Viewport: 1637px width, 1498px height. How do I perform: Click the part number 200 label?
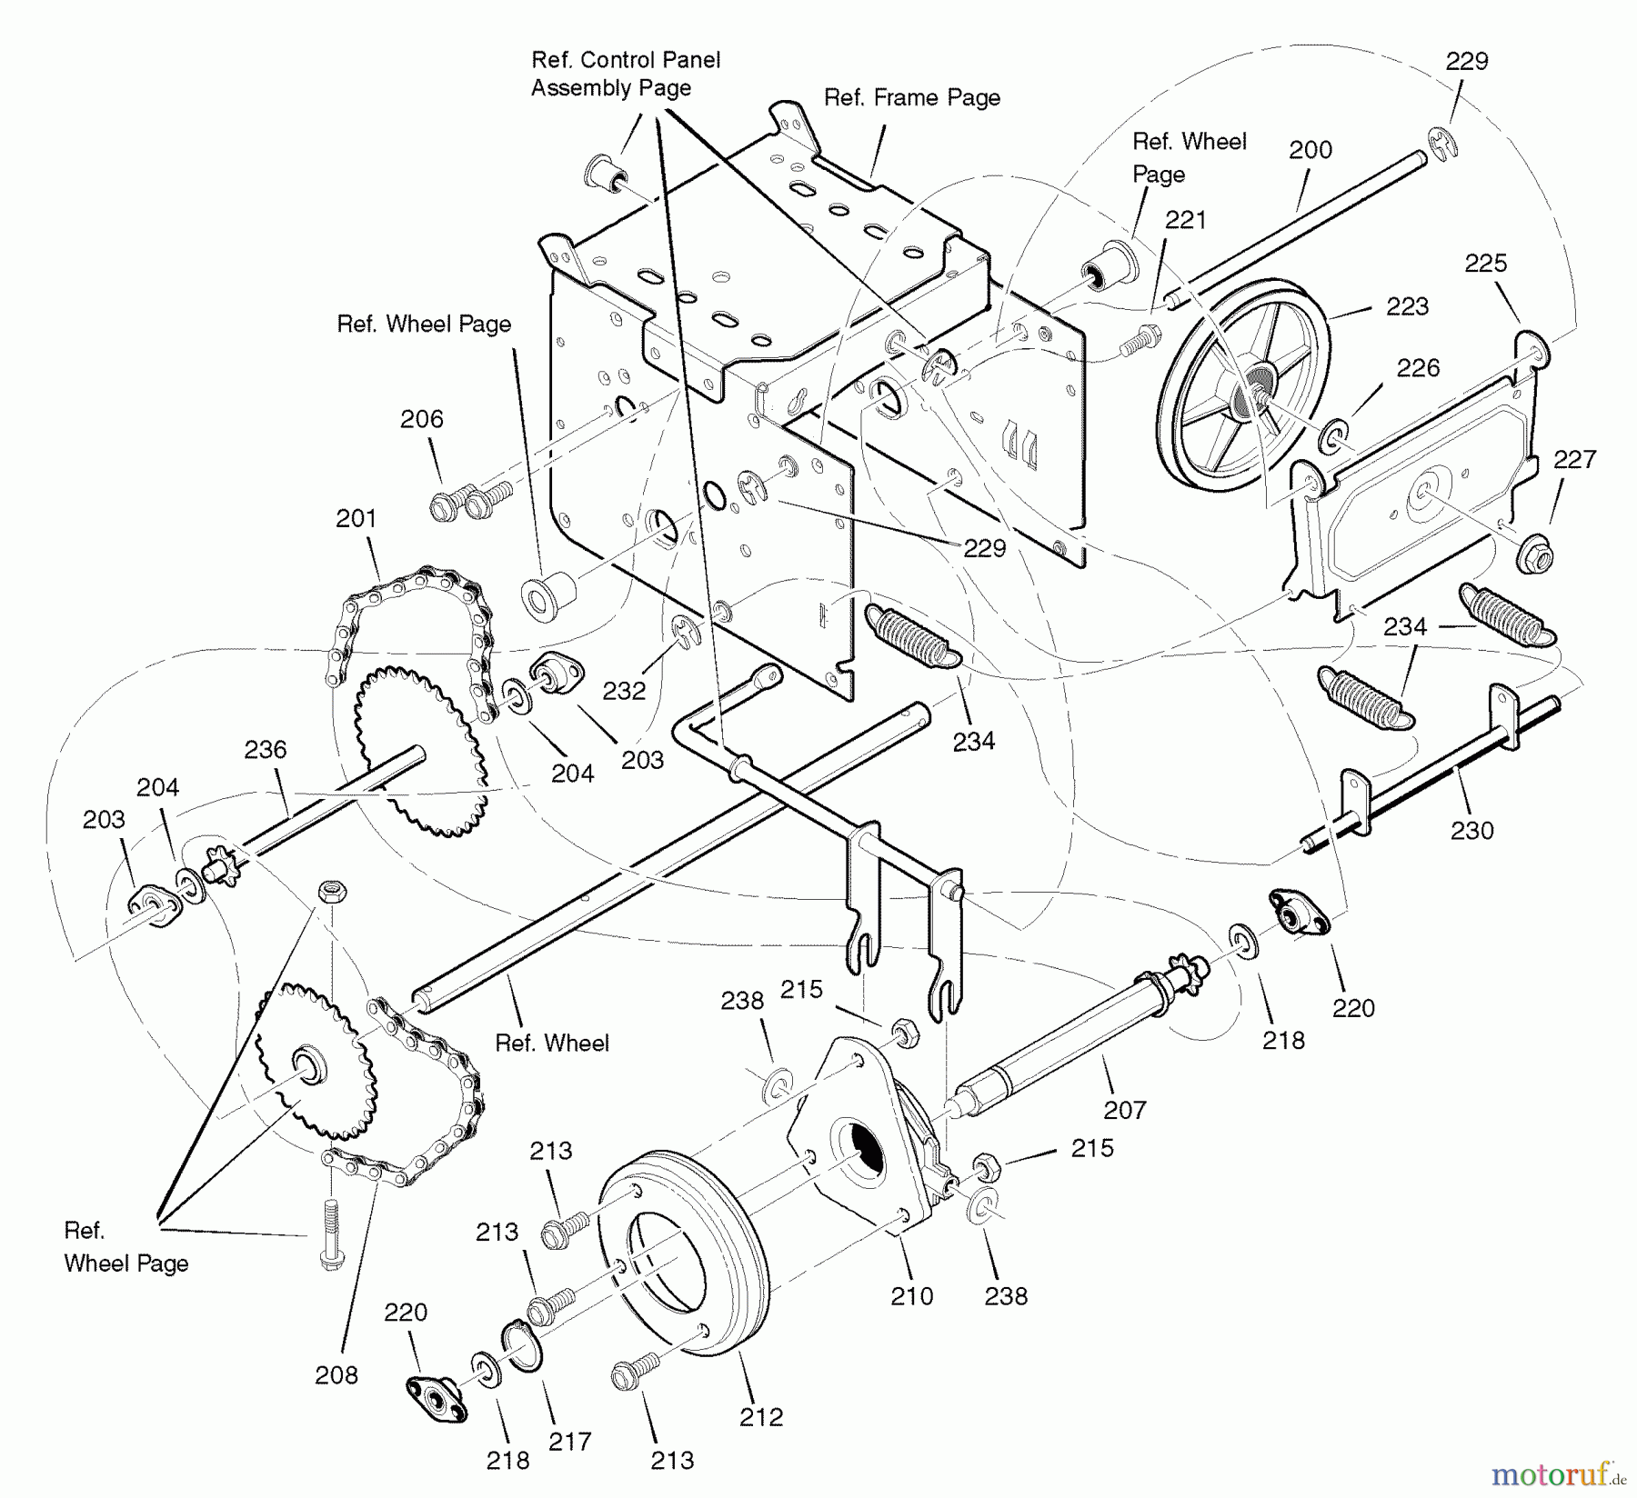click(x=1310, y=150)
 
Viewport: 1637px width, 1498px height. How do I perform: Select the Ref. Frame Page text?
click(x=911, y=98)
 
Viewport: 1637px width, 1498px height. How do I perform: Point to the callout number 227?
click(x=1574, y=460)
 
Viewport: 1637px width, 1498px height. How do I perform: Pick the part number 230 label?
click(x=1471, y=830)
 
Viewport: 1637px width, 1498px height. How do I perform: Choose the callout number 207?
click(x=1124, y=1109)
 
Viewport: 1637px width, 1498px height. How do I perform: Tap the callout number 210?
click(x=911, y=1295)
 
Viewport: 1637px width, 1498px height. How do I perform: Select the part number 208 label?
click(x=336, y=1375)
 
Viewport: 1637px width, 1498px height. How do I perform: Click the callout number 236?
click(x=265, y=750)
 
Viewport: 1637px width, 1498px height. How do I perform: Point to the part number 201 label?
click(x=356, y=519)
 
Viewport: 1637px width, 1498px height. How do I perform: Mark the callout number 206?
click(x=422, y=419)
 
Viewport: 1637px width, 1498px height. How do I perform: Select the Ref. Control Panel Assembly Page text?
click(x=625, y=75)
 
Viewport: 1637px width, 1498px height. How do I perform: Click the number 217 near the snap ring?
click(x=570, y=1441)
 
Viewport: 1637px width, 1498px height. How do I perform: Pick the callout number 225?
click(x=1485, y=264)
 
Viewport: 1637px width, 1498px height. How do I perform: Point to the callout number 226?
click(x=1418, y=368)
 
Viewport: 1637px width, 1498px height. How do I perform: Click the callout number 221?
click(x=1185, y=220)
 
